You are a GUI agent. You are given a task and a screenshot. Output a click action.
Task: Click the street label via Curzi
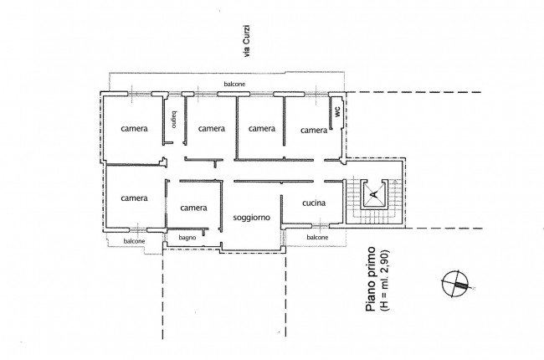(x=247, y=41)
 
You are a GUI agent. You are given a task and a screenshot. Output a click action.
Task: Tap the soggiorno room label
(x=252, y=218)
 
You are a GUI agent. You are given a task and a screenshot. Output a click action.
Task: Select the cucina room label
(x=314, y=203)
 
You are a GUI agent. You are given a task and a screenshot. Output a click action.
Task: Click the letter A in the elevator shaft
(x=373, y=195)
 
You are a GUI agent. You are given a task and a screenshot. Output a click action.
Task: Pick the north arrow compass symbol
(x=455, y=284)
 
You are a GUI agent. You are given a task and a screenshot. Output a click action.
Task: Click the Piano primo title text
(x=371, y=279)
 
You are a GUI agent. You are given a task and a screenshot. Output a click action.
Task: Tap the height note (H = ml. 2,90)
(x=384, y=280)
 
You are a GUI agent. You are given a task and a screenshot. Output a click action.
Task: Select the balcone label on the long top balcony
(x=234, y=84)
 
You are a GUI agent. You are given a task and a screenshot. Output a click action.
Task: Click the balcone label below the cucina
(x=317, y=238)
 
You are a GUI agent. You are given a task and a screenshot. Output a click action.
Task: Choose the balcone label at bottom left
(x=134, y=241)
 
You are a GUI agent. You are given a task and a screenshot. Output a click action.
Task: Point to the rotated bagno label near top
(x=174, y=120)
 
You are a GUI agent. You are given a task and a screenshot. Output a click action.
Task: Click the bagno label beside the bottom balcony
(x=187, y=238)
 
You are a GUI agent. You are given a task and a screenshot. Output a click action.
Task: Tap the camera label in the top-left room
(x=134, y=128)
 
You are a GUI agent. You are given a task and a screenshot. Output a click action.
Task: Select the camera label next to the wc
(x=314, y=130)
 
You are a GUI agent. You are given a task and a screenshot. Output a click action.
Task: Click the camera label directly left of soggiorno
(x=193, y=208)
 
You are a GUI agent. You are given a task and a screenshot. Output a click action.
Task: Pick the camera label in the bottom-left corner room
(x=134, y=198)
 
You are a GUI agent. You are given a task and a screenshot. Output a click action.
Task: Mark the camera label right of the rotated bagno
(x=212, y=128)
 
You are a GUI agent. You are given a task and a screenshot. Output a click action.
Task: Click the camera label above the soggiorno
(x=262, y=128)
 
